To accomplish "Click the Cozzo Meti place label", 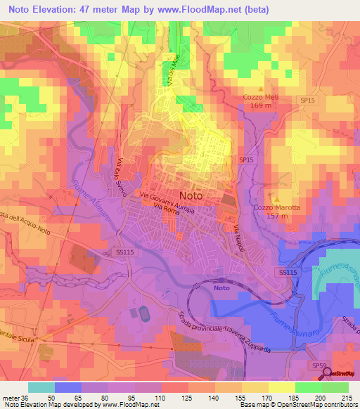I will tap(262, 97).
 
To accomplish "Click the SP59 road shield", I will tap(320, 365).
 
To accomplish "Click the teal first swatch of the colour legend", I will tap(41, 387).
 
